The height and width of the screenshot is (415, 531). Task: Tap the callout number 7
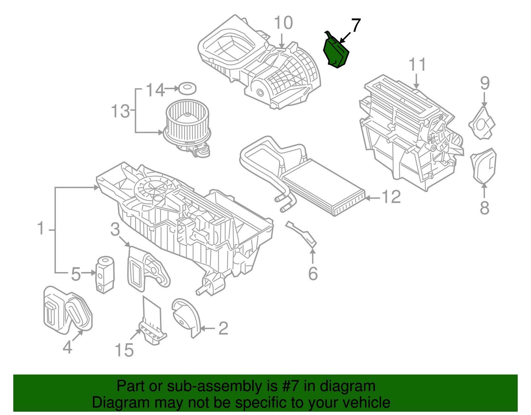[x=355, y=26]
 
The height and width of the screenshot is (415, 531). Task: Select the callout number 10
[x=283, y=23]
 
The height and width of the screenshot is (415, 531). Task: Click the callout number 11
[x=417, y=65]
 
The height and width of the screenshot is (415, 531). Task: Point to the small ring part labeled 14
[x=187, y=88]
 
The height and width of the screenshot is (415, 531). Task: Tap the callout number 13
[x=120, y=111]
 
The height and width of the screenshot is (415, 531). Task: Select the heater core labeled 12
[x=324, y=186]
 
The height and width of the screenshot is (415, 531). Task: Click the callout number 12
[x=392, y=197]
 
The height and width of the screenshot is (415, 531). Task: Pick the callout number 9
[x=485, y=83]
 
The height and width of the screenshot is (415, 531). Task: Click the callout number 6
[x=313, y=273]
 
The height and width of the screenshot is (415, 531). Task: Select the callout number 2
[x=223, y=329]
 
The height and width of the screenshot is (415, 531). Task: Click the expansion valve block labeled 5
[x=105, y=274]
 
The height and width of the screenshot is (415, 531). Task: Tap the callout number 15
[x=124, y=350]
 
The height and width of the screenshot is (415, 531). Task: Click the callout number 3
[x=115, y=229]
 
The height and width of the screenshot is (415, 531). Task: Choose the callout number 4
[x=67, y=348]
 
